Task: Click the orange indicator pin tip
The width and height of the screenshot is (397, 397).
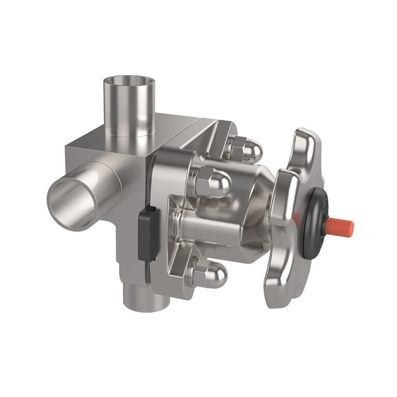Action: coord(342,225)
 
